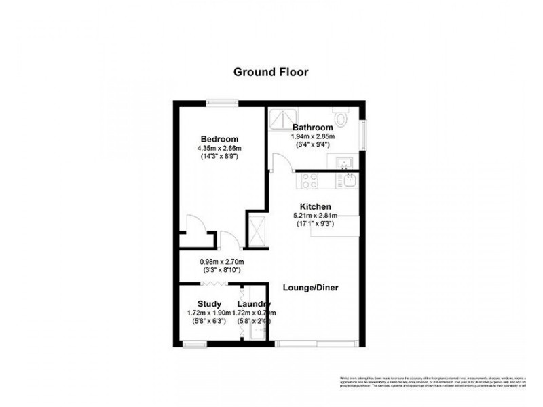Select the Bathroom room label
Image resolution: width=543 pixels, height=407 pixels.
[312, 128]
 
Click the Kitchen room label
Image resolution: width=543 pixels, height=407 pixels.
[316, 206]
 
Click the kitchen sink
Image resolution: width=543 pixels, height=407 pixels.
[349, 180]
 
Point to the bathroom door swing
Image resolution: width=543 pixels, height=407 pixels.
[280, 163]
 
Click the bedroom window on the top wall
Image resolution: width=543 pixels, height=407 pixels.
[223, 103]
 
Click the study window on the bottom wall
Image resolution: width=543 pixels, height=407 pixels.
[195, 345]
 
